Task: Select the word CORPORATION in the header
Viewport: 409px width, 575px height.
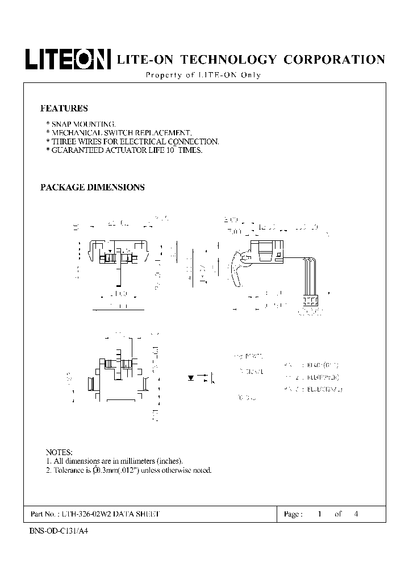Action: tap(334, 60)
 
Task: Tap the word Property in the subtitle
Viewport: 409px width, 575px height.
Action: tap(163, 76)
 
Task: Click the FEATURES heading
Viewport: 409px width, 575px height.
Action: tap(64, 108)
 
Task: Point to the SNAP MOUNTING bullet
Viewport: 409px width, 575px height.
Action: tap(83, 124)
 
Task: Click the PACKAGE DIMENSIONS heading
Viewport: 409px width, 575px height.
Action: tap(92, 187)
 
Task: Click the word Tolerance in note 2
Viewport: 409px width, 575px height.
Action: tap(71, 470)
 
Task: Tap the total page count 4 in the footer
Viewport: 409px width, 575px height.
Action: tap(356, 514)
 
